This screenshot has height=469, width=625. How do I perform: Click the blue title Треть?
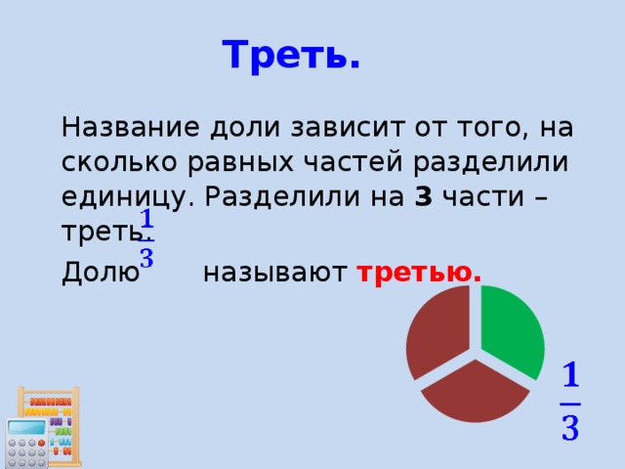291,56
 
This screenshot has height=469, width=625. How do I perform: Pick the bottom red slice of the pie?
477,391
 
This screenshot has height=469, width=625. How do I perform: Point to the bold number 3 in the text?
423,196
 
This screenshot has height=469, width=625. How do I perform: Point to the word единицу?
127,196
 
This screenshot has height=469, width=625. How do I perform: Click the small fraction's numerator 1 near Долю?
146,218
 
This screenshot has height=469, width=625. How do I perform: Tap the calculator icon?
26,445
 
